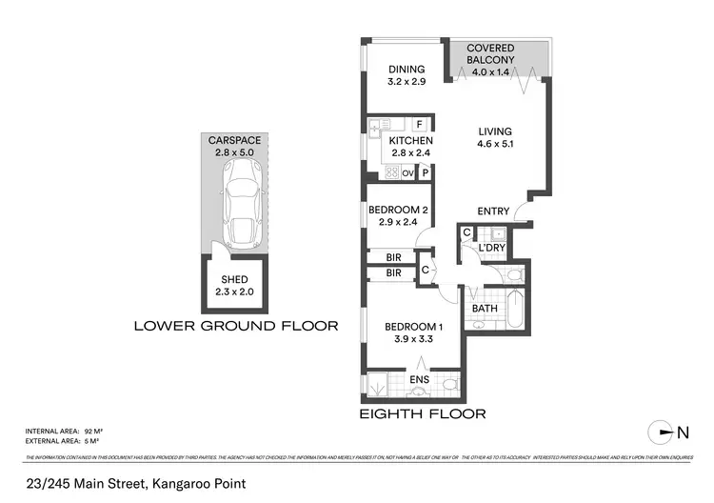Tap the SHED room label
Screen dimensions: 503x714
pyautogui.click(x=234, y=279)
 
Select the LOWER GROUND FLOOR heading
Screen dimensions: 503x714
pyautogui.click(x=235, y=326)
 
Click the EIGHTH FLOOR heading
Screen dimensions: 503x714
pyautogui.click(x=422, y=414)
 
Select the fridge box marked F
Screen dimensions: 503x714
pyautogui.click(x=419, y=124)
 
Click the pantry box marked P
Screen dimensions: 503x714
pyautogui.click(x=426, y=173)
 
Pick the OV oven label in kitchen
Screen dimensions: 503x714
pyautogui.click(x=408, y=173)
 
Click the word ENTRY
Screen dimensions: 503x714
pyautogui.click(x=493, y=211)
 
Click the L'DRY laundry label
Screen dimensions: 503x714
pyautogui.click(x=491, y=248)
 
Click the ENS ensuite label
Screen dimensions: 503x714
pyautogui.click(x=419, y=380)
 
